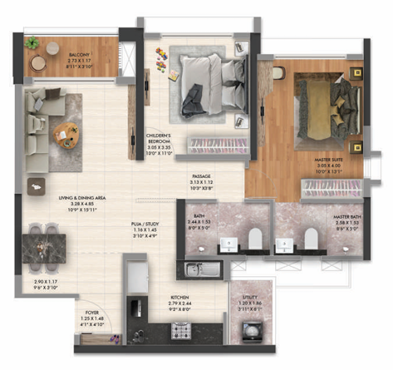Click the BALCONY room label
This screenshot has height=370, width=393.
[x=80, y=56]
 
